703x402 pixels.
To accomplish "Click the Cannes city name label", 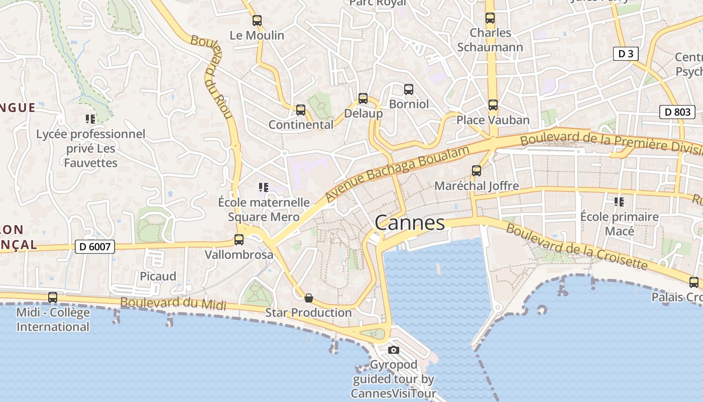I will tap(410, 223).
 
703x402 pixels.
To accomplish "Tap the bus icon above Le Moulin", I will tap(257, 21).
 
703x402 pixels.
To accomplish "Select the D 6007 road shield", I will tap(95, 247).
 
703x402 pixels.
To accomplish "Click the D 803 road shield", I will tap(677, 112).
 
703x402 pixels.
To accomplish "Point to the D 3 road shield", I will tap(625, 54).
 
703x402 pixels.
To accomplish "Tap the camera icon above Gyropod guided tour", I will tap(394, 350).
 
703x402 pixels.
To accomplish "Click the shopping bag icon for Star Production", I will tap(309, 298).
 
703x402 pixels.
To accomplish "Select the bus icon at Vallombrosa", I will tap(239, 240).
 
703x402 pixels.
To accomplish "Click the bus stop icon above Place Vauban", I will tap(493, 105).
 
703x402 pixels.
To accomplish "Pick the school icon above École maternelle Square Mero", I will tap(264, 188).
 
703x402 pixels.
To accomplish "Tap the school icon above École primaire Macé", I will tap(619, 202).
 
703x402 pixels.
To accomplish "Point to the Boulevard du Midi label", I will tap(173, 304).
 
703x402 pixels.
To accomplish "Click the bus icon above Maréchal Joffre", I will tap(477, 171).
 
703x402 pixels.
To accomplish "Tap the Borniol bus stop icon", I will tap(409, 89).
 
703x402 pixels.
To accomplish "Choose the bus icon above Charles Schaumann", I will tap(490, 18).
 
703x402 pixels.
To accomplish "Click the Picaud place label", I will tap(158, 276).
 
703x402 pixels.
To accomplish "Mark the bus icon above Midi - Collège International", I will tap(53, 297).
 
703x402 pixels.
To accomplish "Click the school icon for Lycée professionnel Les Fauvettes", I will tap(90, 119).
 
